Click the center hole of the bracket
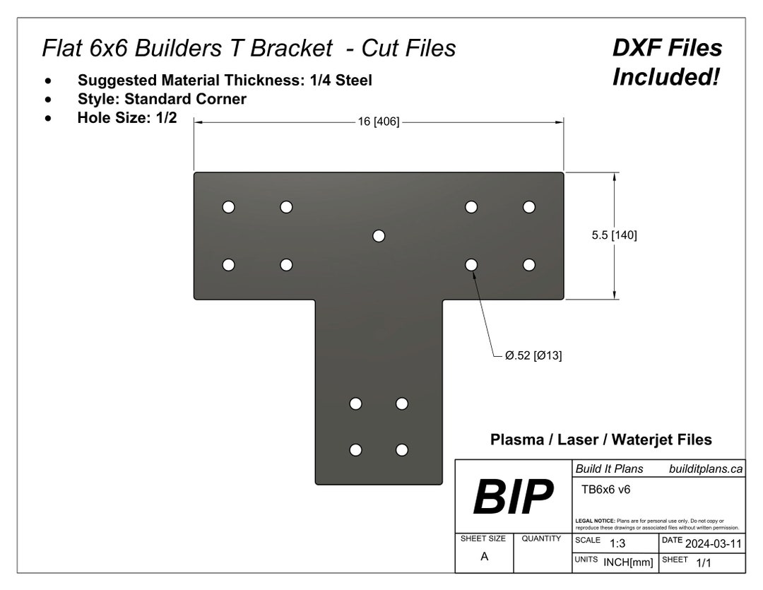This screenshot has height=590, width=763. point(379,235)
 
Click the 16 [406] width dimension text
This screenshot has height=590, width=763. point(379,122)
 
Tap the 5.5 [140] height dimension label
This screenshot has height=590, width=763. point(614,235)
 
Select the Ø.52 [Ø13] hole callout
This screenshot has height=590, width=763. point(533,355)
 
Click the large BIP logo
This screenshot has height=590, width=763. point(512,497)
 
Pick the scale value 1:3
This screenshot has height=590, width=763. point(617,543)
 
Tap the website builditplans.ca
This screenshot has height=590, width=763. point(705,468)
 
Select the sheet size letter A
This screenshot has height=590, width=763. point(484,556)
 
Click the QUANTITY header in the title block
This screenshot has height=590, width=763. point(541,538)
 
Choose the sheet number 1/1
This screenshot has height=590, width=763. point(704,562)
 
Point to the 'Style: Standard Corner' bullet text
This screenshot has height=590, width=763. point(162,99)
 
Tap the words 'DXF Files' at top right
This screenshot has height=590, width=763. point(667,48)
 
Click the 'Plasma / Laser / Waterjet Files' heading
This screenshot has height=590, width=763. point(601,439)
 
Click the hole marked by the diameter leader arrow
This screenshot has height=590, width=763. point(471,264)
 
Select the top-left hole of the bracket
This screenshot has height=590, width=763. point(228,207)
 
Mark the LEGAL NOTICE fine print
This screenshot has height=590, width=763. point(657,524)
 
